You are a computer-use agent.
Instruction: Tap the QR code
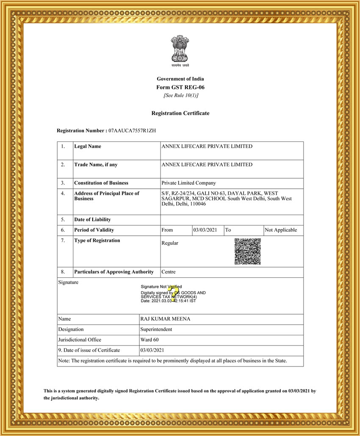[247, 251]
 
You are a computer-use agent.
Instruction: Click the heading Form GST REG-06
[180, 87]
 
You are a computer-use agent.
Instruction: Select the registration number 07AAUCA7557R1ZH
[132, 131]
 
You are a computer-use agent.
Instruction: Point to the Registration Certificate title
[180, 113]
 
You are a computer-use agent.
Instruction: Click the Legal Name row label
[88, 146]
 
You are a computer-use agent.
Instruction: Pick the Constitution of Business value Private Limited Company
[188, 183]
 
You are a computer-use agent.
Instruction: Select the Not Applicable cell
[281, 230]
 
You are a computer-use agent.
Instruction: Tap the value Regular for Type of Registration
[170, 243]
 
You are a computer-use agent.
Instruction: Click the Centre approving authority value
[169, 272]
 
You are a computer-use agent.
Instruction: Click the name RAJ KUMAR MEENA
[165, 319]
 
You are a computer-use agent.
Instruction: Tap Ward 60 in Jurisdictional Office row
[149, 340]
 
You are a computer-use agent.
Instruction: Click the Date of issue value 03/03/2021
[152, 350]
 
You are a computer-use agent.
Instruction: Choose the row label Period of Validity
[94, 230]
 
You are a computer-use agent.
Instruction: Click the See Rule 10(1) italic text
[180, 95]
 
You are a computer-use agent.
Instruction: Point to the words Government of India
[180, 79]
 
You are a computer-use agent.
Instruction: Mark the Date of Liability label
[92, 220]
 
